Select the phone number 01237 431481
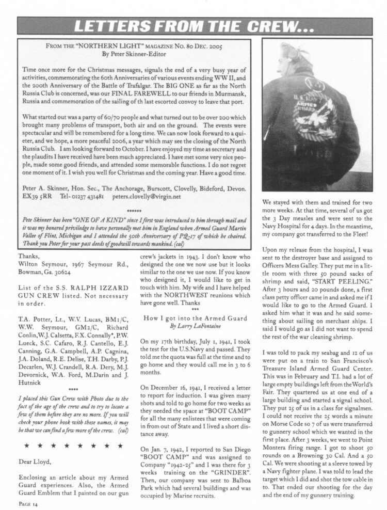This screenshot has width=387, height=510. point(89,197)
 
